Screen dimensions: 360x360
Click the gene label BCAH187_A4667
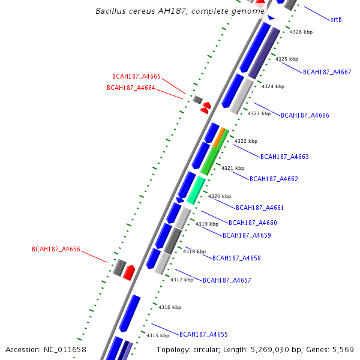[327, 72]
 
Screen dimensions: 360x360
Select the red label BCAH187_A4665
[136, 77]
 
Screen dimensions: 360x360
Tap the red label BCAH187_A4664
[131, 88]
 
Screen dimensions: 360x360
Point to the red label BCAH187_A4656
[56, 250]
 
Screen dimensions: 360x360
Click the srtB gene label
[336, 20]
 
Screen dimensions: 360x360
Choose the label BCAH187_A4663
[284, 157]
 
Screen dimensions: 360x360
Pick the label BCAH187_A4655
[203, 334]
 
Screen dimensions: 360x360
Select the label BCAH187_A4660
[253, 223]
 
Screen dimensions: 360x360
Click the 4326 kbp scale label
[301, 32]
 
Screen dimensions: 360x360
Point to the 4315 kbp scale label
[158, 336]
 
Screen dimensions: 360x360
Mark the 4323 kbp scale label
[259, 113]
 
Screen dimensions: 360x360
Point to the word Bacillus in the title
[115, 11]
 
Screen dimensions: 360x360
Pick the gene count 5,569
[343, 350]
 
